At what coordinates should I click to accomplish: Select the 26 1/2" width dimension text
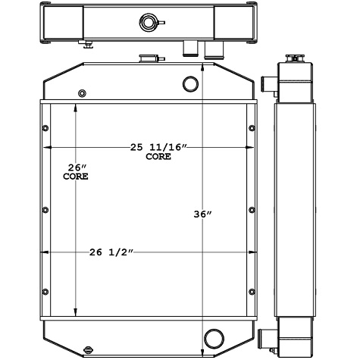112,252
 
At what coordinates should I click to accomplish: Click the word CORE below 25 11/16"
158,157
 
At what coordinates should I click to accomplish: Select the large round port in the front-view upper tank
192,83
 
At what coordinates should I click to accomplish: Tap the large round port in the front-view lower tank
214,336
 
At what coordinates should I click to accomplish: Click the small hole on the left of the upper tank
81,94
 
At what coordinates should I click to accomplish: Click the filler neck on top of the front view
146,59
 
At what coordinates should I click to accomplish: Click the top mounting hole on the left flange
45,127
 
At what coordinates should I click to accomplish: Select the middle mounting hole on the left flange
45,209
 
